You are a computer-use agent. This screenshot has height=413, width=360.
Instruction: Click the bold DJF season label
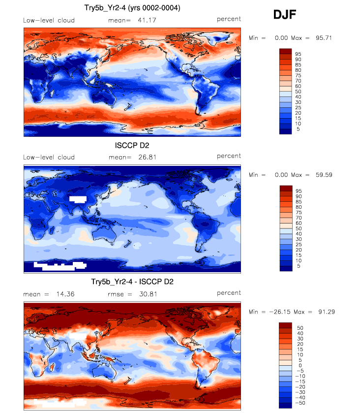point(285,16)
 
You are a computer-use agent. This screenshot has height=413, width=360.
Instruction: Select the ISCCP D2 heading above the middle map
point(132,145)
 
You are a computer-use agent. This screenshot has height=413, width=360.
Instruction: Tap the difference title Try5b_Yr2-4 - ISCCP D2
point(132,282)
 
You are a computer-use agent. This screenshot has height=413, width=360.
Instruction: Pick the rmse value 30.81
point(140,294)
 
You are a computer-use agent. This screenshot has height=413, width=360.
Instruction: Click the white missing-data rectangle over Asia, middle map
point(78,199)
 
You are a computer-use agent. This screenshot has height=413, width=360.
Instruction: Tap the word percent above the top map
point(229,19)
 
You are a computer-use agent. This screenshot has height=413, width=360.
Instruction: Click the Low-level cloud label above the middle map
point(49,157)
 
